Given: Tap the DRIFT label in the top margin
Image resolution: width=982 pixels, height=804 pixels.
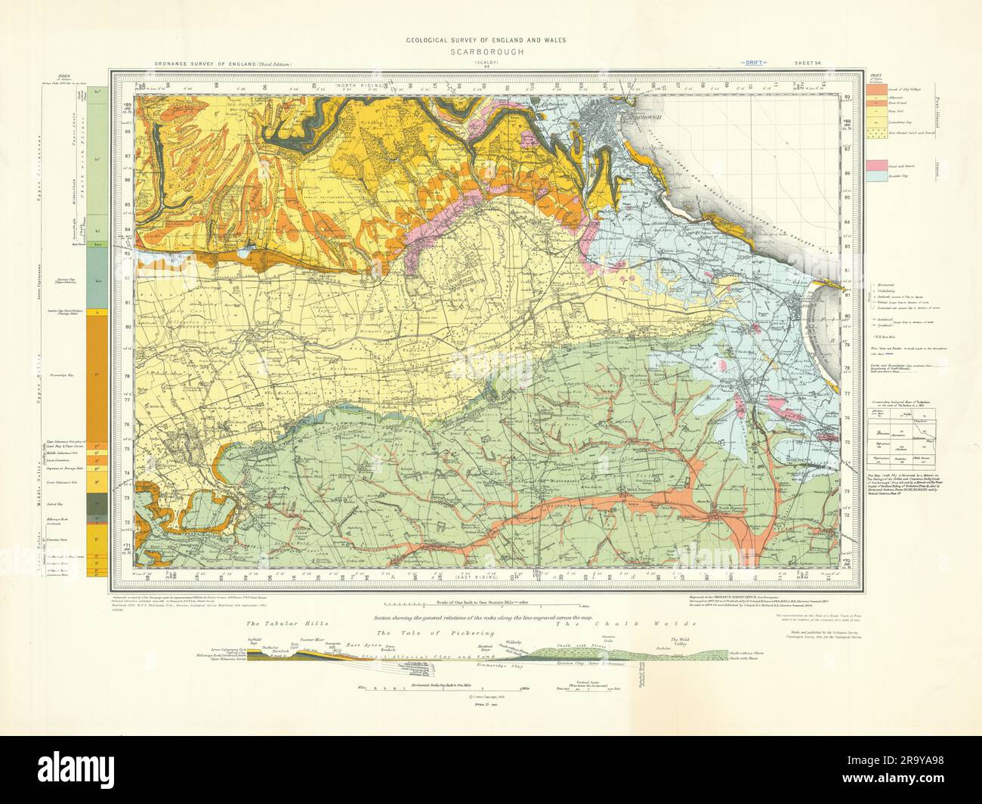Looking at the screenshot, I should (755, 63).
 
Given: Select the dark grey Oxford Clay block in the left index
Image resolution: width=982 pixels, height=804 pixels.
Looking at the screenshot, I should (98, 502).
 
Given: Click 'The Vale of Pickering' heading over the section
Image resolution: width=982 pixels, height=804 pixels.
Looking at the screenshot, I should (430, 632).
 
